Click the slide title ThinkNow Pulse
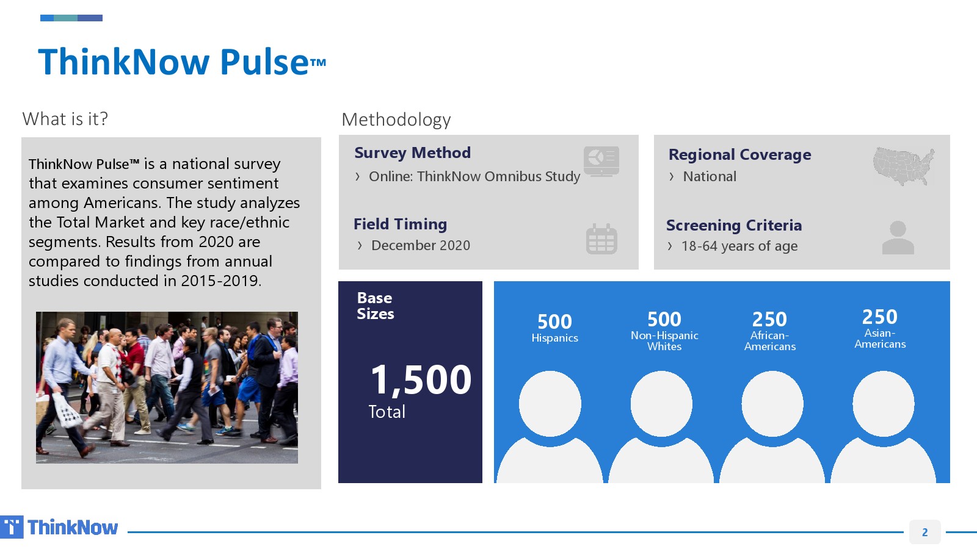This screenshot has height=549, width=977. coord(182,62)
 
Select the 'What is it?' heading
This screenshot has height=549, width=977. coord(65,118)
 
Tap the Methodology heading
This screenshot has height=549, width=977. coord(396,120)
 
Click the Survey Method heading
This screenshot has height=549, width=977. coord(412,152)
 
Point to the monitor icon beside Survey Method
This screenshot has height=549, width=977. coord(601,161)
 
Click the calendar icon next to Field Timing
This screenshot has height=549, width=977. coord(601,239)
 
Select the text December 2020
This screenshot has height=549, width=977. coord(421,245)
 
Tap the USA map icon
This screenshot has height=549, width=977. coord(904,166)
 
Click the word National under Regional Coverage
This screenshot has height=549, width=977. coord(710,176)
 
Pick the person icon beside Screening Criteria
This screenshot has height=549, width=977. coord(898,237)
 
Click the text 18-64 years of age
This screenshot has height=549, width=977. coord(739,246)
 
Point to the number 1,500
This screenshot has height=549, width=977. coord(421,380)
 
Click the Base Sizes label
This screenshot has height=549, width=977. coord(375,306)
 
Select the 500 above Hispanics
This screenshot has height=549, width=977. coord(554,321)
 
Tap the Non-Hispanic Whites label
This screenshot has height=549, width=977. coord(664,341)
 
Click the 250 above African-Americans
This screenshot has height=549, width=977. coord(769,320)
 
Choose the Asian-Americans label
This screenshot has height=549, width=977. coord(880,339)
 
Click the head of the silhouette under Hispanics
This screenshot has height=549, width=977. coord(550,403)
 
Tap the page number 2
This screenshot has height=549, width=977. coord(924,532)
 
